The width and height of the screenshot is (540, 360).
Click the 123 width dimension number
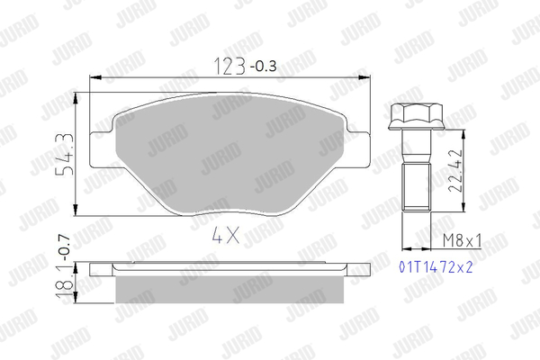coord(230,66)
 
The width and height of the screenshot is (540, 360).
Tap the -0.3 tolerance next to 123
coord(264,66)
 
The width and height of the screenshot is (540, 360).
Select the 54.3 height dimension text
coord(65,154)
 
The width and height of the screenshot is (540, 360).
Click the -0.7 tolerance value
coord(64,248)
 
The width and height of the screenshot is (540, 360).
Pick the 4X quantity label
coord(226,236)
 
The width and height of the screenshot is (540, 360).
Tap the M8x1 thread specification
coord(462,240)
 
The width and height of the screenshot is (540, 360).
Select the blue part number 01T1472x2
coord(436,267)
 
